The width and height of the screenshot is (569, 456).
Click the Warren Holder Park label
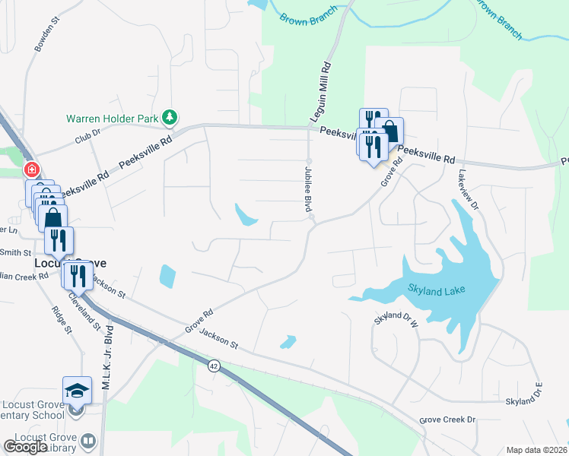(111, 119)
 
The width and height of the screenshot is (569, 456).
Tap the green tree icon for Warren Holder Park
(173, 117)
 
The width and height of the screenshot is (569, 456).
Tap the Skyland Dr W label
(396, 319)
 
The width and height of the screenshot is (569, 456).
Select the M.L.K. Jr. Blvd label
(107, 349)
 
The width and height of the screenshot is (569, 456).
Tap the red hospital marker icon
(30, 169)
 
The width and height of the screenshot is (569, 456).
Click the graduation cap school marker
(77, 391)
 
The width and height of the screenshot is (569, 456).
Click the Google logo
(25, 446)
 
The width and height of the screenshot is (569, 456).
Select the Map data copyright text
(536, 450)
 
